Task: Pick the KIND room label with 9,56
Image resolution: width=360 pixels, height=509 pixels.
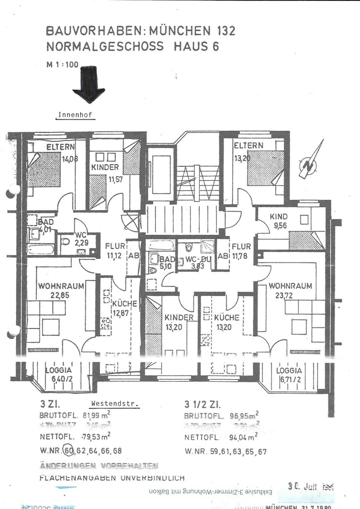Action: click(278, 217)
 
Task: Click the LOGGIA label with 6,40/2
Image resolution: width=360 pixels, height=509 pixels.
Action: click(58, 370)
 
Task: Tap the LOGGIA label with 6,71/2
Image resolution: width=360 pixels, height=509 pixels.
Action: click(289, 370)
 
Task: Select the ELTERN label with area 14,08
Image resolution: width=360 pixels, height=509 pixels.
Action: click(61, 147)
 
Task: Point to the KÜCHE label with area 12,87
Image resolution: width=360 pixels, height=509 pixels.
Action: click(124, 304)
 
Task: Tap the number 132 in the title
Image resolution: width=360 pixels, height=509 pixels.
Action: click(222, 32)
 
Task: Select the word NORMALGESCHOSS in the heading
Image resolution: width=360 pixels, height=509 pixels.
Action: click(105, 47)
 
